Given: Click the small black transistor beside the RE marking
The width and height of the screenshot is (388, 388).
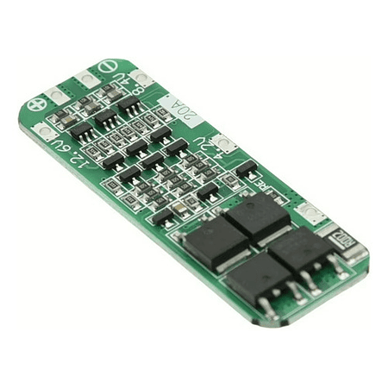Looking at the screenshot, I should (246, 168).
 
